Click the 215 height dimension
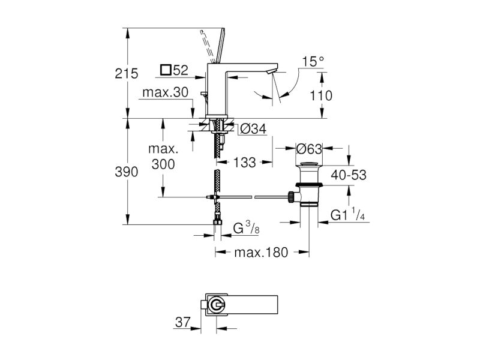point(127,74)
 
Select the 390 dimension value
point(127,172)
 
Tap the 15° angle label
point(313,62)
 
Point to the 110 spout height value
point(321,96)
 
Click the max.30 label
point(166,92)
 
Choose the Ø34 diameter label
point(253,129)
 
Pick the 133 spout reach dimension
point(245,163)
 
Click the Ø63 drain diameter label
point(309,149)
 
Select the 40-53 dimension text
point(349,175)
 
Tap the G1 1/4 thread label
point(348,214)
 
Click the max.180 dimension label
point(261,253)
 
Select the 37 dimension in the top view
point(183,322)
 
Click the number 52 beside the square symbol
point(181,70)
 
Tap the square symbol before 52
point(166,70)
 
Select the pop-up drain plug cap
point(309,164)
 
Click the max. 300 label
point(163,157)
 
